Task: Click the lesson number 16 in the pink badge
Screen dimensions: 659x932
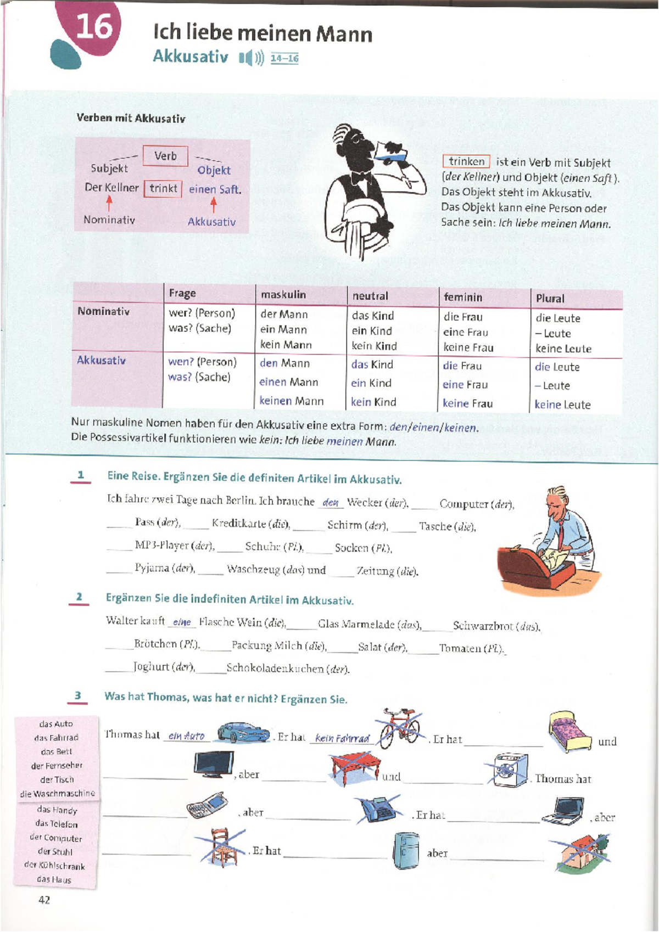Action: click(94, 26)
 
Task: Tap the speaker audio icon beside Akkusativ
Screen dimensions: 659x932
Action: click(252, 58)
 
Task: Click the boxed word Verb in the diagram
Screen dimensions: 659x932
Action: click(165, 156)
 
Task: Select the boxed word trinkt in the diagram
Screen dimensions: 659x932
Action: click(163, 188)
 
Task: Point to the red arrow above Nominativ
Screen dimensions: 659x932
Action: click(109, 204)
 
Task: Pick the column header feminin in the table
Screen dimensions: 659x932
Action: click(463, 297)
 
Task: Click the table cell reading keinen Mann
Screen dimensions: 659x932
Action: click(292, 401)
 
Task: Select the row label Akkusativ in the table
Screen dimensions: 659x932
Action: click(101, 360)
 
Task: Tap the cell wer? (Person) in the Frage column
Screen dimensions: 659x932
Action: click(202, 313)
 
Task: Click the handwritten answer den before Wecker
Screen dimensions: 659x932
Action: click(330, 503)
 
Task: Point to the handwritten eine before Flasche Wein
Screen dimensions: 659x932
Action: click(182, 622)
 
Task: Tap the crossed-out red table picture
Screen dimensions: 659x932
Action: click(356, 769)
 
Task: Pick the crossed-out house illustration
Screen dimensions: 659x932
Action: click(580, 852)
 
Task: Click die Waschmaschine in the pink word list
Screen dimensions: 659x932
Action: click(58, 794)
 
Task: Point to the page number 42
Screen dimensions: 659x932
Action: click(44, 900)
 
